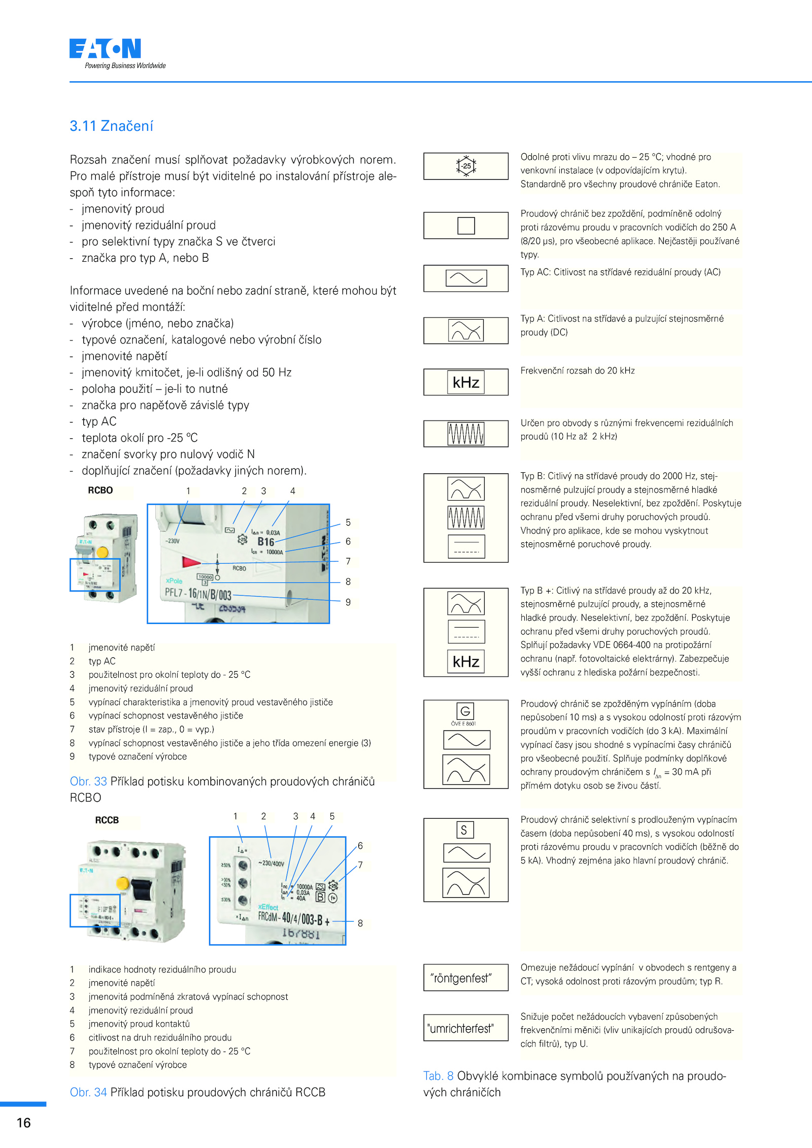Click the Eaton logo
(106, 49)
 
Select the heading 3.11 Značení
(111, 126)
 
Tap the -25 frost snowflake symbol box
(466, 166)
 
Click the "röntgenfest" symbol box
(465, 978)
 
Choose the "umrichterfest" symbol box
(465, 1028)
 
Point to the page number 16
(24, 1123)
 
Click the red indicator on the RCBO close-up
(191, 562)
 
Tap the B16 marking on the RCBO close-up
(265, 542)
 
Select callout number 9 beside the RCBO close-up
(348, 602)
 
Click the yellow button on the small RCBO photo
(103, 552)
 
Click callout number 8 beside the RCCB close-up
(360, 923)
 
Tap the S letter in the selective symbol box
(464, 830)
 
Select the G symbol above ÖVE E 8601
(465, 711)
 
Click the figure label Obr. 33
(88, 781)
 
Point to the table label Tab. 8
(438, 1076)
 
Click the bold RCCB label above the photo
(107, 820)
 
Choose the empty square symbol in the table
(466, 225)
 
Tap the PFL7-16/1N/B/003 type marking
(198, 594)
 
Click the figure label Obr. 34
(88, 1092)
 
